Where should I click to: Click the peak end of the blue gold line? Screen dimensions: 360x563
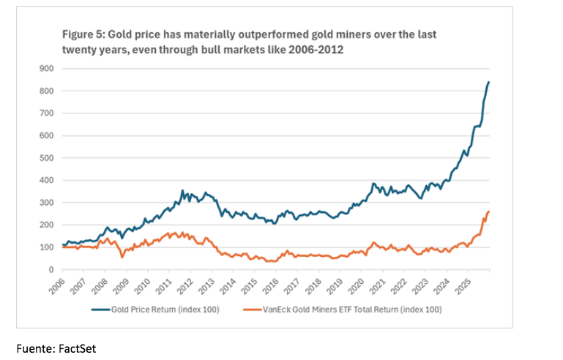coord(489,82)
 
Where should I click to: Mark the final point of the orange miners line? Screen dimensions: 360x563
coord(489,211)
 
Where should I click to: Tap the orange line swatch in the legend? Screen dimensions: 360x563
coord(253,310)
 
